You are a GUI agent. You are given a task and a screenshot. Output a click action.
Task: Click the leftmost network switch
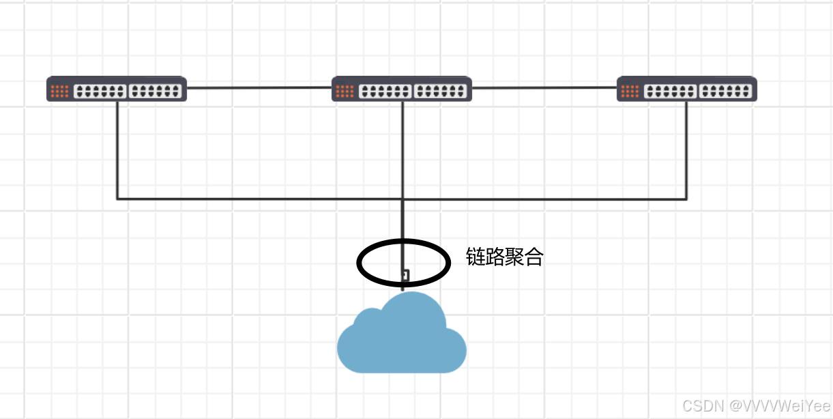point(116,89)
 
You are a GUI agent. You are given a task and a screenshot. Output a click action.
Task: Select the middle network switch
point(401,89)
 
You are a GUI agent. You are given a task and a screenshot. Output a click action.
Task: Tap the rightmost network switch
point(686,89)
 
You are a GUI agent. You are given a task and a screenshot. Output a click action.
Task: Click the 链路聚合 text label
point(504,257)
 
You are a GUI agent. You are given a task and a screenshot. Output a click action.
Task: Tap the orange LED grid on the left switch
point(59,91)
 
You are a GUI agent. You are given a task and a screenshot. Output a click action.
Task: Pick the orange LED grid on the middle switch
point(345,91)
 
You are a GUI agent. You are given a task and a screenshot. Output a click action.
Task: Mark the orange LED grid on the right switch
point(630,91)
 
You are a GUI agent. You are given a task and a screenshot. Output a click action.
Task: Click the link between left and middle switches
point(259,88)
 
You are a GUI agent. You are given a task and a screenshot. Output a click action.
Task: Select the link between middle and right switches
point(544,88)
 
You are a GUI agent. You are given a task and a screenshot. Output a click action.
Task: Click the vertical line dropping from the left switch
point(117,150)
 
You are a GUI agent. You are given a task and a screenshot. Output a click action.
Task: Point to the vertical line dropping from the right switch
point(686,150)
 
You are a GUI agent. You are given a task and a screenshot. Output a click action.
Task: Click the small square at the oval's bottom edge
point(405,276)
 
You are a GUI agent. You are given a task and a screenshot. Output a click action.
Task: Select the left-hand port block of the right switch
point(670,91)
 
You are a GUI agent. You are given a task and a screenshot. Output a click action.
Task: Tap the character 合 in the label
point(534,257)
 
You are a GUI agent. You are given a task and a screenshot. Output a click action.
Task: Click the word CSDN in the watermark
point(702,406)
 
